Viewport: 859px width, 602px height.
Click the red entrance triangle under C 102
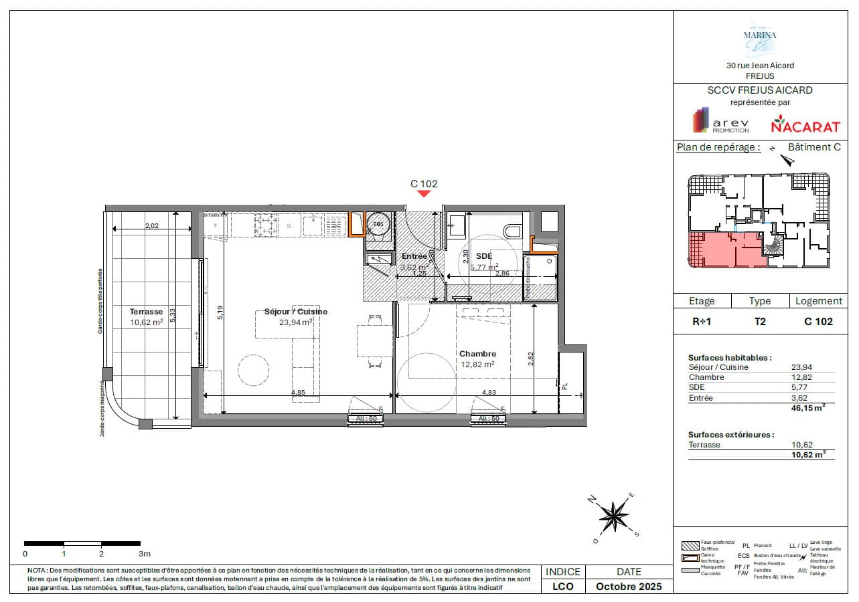423,194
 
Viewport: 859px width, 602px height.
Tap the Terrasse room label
147,312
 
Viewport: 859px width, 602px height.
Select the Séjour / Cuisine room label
295,312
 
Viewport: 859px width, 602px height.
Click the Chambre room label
477,354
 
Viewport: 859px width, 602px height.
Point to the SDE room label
483,256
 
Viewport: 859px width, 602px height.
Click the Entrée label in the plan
414,256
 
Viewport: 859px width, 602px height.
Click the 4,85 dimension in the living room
298,393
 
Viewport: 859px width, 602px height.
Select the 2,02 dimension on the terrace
152,226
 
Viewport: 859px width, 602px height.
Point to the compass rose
613,516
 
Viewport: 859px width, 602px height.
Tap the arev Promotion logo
720,122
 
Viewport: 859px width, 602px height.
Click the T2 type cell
760,321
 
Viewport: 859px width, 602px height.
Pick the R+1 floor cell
702,321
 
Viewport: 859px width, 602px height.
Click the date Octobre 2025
629,587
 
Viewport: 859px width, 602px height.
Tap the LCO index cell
563,587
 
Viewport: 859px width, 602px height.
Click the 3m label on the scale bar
144,554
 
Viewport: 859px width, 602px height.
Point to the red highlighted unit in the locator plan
723,249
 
